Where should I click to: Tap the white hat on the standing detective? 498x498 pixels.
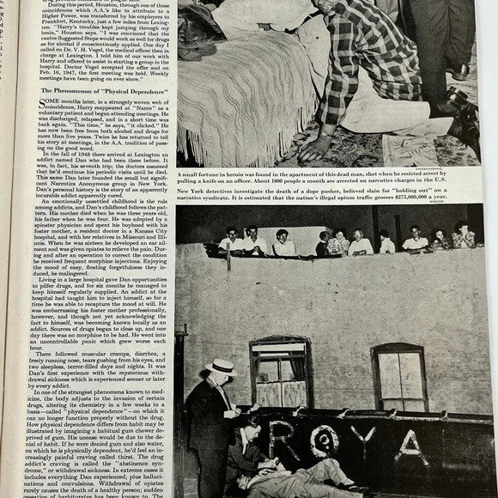pyautogui.click(x=222, y=367)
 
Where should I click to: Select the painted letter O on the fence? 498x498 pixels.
pyautogui.click(x=324, y=442)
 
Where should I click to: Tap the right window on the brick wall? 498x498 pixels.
pyautogui.click(x=399, y=377)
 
